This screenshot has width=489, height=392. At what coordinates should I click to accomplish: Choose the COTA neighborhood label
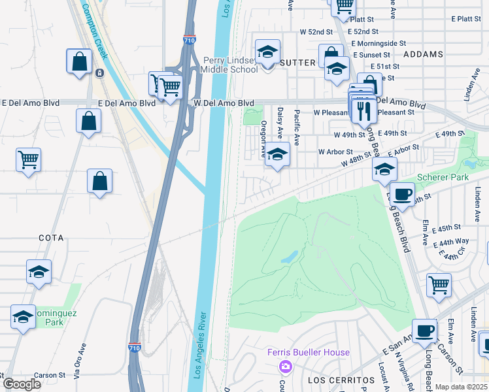[x=51, y=238]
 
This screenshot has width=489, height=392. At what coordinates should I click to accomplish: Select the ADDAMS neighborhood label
[x=423, y=54]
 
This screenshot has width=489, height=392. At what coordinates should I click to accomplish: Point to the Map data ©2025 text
[x=461, y=387]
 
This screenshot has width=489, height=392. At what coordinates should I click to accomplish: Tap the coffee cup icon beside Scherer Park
[x=402, y=193]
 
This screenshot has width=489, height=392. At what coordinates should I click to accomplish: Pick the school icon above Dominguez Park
[x=39, y=270]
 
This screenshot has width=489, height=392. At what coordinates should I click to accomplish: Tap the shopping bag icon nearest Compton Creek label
[x=79, y=61]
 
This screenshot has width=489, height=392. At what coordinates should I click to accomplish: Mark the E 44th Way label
[x=452, y=242]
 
